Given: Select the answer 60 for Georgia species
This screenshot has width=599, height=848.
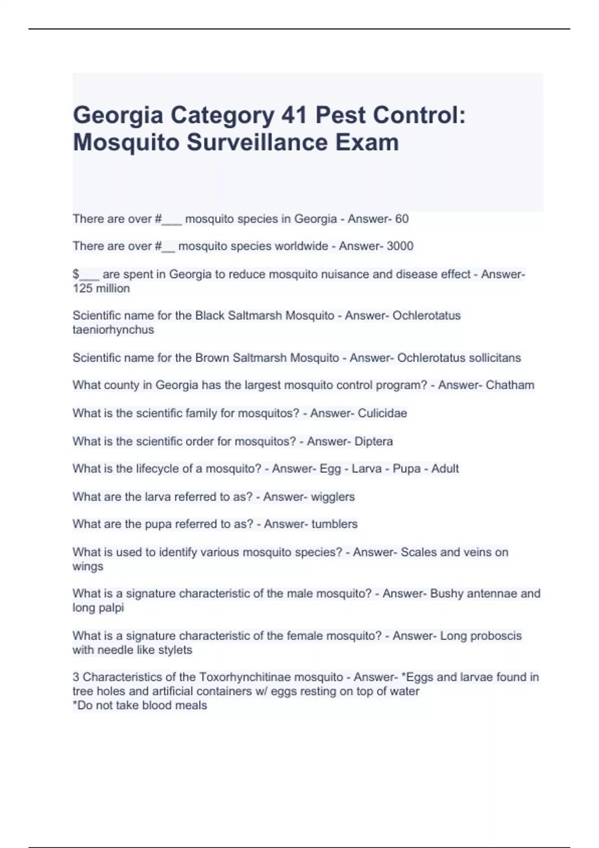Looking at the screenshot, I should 402,218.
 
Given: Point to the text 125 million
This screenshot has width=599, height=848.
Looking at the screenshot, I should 101,288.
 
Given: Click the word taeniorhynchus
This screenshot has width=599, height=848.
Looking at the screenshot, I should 113,330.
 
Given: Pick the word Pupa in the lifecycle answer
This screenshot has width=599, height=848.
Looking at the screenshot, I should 406,469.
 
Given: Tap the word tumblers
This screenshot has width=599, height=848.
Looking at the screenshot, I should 334,524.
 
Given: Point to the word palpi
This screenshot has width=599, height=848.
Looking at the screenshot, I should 111,608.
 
